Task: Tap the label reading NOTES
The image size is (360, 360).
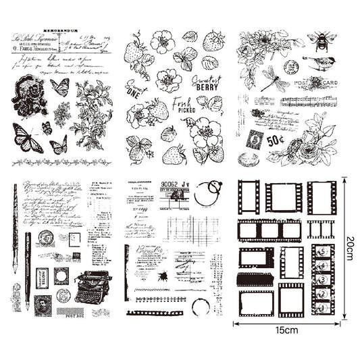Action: [43, 278]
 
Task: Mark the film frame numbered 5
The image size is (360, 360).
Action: [323, 251]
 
